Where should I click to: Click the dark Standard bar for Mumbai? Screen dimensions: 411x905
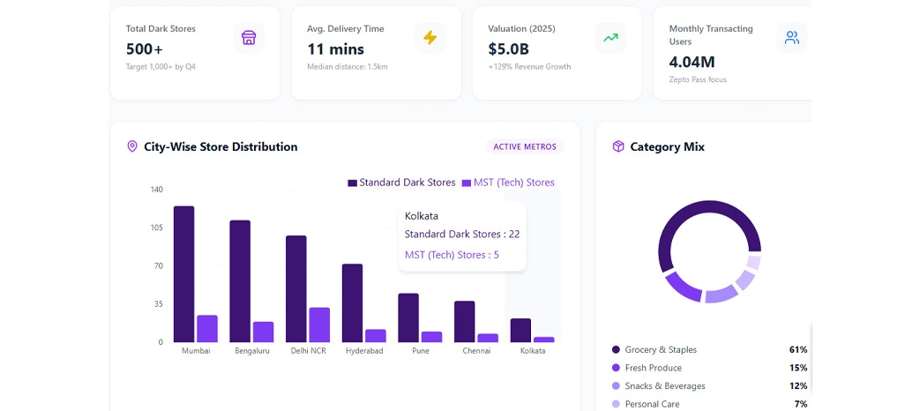click(x=183, y=273)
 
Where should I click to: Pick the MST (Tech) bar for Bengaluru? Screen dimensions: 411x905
click(x=263, y=332)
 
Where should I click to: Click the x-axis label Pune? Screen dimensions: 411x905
click(x=421, y=350)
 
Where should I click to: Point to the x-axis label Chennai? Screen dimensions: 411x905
click(x=476, y=350)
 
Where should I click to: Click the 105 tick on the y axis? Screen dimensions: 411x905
click(x=156, y=228)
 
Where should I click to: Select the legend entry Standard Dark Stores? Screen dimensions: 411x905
click(x=401, y=183)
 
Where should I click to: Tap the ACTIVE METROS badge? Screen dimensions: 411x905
click(x=525, y=146)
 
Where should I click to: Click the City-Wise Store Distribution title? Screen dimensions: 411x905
click(x=221, y=146)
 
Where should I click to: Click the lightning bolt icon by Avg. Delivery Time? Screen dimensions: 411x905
click(x=430, y=37)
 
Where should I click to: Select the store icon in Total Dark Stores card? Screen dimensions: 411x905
click(x=249, y=37)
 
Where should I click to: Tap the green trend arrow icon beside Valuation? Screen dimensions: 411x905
click(x=610, y=37)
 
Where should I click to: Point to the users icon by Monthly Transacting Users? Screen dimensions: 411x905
click(x=791, y=37)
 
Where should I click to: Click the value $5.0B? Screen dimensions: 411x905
click(x=508, y=49)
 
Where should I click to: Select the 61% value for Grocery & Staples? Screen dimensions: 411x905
click(x=797, y=350)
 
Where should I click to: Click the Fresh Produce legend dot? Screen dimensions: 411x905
click(x=616, y=368)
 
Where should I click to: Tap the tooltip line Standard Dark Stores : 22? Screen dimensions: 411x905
click(x=461, y=234)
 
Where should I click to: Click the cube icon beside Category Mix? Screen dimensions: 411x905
click(x=618, y=146)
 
